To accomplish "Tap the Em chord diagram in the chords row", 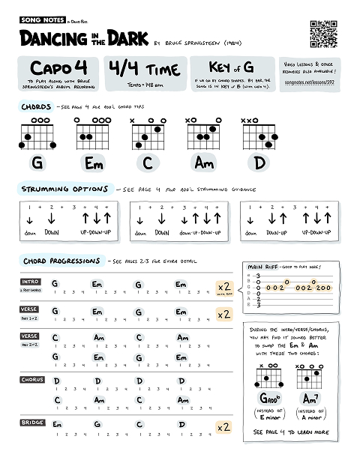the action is tap(93, 135).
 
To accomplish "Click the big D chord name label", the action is tap(260, 163).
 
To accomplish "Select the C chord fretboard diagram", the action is tap(148, 134).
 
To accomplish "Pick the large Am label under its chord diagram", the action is tap(204, 163).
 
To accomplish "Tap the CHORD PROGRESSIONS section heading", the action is tap(61, 261).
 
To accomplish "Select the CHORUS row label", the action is tap(31, 380).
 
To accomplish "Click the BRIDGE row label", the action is tap(31, 423).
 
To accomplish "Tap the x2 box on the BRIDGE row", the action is tap(223, 427).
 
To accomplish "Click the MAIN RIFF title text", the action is tap(263, 267).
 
